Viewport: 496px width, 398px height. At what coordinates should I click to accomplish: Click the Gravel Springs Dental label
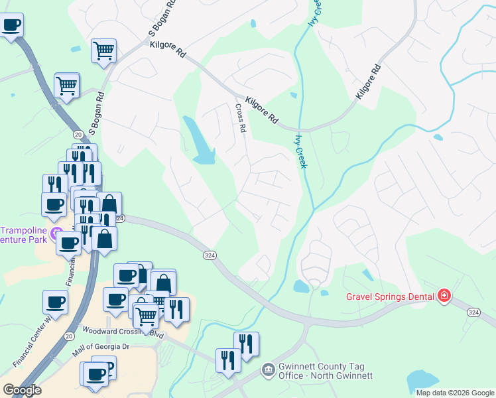tap(391, 296)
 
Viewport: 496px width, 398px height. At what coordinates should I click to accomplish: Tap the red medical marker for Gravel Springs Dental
tap(444, 296)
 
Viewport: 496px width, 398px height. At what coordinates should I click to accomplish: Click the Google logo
tap(22, 390)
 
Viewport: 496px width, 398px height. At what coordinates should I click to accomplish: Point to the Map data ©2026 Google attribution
tap(455, 393)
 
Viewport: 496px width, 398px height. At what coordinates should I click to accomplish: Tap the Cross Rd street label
tap(240, 119)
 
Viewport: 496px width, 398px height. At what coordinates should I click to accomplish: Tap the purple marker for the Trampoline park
tap(54, 233)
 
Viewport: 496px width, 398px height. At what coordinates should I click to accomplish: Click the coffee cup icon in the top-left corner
tap(11, 26)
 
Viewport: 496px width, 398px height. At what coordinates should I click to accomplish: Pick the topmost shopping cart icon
tap(103, 49)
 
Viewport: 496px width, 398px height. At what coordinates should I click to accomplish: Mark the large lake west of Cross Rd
tap(200, 142)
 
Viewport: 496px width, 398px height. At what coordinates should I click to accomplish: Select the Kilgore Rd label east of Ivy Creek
tap(369, 82)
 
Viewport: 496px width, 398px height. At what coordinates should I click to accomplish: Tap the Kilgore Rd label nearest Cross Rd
tap(261, 110)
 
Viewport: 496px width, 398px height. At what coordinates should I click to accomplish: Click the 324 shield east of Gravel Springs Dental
tap(473, 312)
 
